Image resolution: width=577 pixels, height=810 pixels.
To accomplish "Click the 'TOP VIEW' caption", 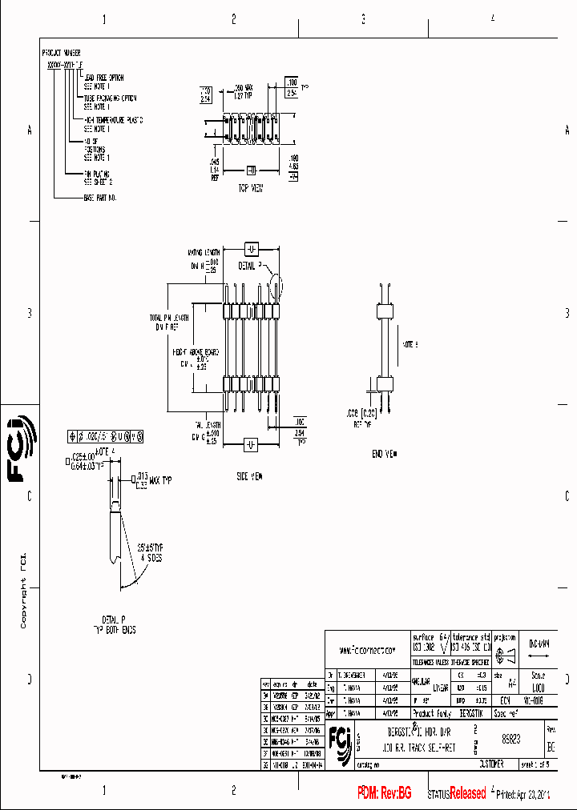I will (251, 189).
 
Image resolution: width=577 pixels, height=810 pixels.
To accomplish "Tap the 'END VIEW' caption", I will (385, 453).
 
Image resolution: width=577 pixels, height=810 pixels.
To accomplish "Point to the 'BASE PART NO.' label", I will (100, 197).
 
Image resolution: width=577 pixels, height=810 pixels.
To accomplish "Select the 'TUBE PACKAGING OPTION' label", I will (110, 98).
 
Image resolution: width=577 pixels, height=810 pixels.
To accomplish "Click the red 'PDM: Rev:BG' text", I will (385, 792).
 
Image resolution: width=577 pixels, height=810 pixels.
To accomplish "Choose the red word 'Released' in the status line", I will (467, 793).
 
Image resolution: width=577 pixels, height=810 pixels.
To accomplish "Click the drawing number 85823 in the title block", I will (510, 740).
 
